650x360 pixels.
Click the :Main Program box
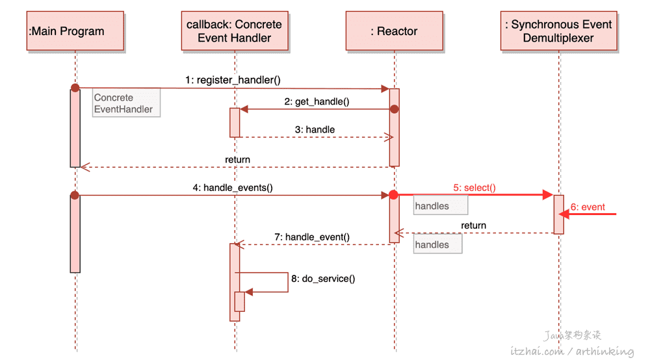tap(75, 31)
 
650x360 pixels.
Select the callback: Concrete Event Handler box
tap(235, 31)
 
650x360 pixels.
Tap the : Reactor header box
tap(395, 31)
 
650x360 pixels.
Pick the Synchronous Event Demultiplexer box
tap(558, 31)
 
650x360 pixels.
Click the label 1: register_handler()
tap(233, 80)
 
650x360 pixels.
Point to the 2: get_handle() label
tap(317, 101)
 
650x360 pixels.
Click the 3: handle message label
tap(315, 130)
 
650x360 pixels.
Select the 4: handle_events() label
tap(233, 188)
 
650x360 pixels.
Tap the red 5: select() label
tap(474, 188)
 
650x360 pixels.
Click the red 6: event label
tap(588, 207)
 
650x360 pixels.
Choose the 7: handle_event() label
tap(312, 237)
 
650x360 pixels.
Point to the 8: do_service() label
tap(323, 279)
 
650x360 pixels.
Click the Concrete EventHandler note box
tap(126, 103)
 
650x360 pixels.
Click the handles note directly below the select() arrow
tap(441, 205)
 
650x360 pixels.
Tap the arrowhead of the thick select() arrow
tap(548, 195)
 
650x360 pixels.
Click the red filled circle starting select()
tap(393, 195)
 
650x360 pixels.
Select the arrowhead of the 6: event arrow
tap(564, 214)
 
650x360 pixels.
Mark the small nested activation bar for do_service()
tap(240, 302)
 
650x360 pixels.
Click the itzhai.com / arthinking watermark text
tap(572, 352)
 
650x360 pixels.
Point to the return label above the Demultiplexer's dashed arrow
tap(473, 225)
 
